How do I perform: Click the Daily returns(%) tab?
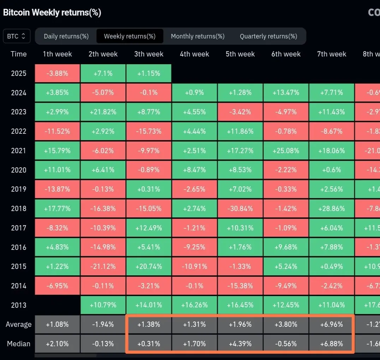tap(66, 36)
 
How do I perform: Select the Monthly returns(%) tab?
tap(197, 36)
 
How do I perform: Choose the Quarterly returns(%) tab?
tap(268, 36)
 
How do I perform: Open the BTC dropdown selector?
tap(17, 36)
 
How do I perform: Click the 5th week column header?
tap(240, 54)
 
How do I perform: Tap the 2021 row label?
tap(18, 151)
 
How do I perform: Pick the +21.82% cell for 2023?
tap(103, 112)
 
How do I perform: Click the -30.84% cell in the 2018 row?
tap(240, 209)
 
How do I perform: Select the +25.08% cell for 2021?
tap(286, 151)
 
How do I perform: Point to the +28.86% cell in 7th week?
tap(332, 209)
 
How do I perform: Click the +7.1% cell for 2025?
tap(103, 73)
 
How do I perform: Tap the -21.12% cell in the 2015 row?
tap(103, 266)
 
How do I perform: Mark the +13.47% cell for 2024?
tap(286, 92)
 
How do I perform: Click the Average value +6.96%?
tap(332, 324)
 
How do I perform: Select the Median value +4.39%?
tap(240, 343)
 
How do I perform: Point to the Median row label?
tap(18, 343)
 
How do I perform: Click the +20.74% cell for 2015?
tap(149, 266)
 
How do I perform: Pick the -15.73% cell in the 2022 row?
tap(149, 131)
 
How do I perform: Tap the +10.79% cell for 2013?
tap(103, 305)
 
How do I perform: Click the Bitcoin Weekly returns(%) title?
tap(52, 13)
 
